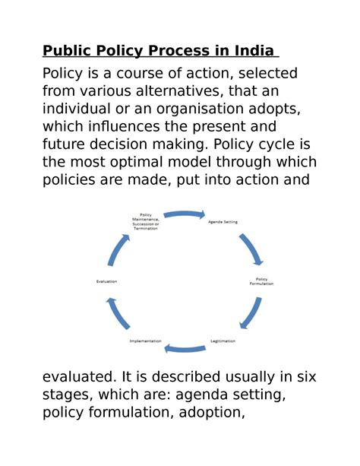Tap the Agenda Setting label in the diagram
click(223, 222)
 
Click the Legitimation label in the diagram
click(223, 341)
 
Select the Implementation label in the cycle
click(146, 341)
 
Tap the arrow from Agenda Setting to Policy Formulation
click(251, 248)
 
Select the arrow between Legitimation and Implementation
click(184, 348)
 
